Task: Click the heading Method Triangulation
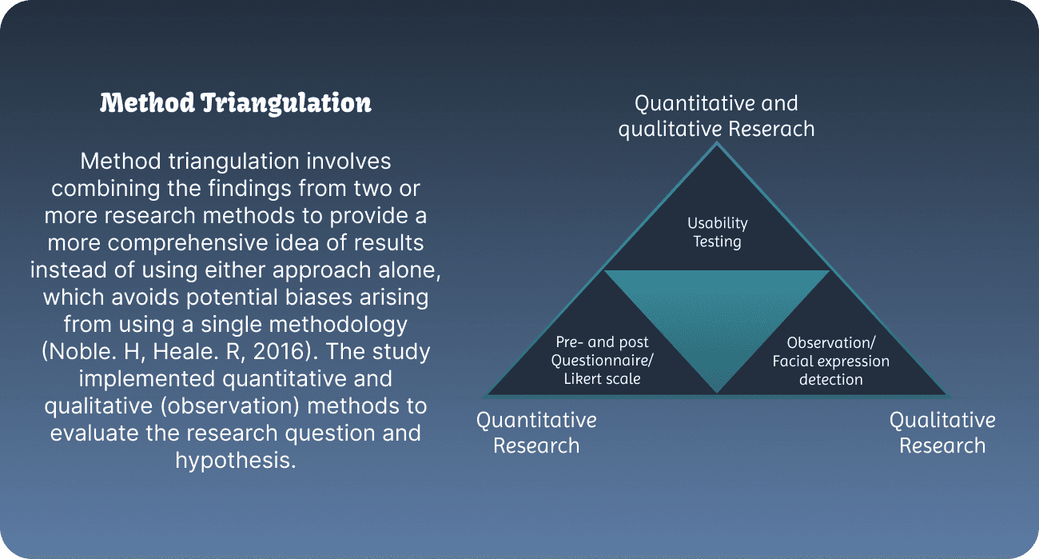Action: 236,103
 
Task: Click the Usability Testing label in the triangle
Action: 717,233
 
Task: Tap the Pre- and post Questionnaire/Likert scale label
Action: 603,361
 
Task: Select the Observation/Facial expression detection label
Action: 830,361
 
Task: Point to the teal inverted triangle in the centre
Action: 717,320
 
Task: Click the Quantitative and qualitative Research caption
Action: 716,116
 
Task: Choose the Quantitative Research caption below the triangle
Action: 536,433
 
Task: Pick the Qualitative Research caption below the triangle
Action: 942,433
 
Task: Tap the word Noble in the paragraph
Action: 82,352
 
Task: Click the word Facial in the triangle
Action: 794,361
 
